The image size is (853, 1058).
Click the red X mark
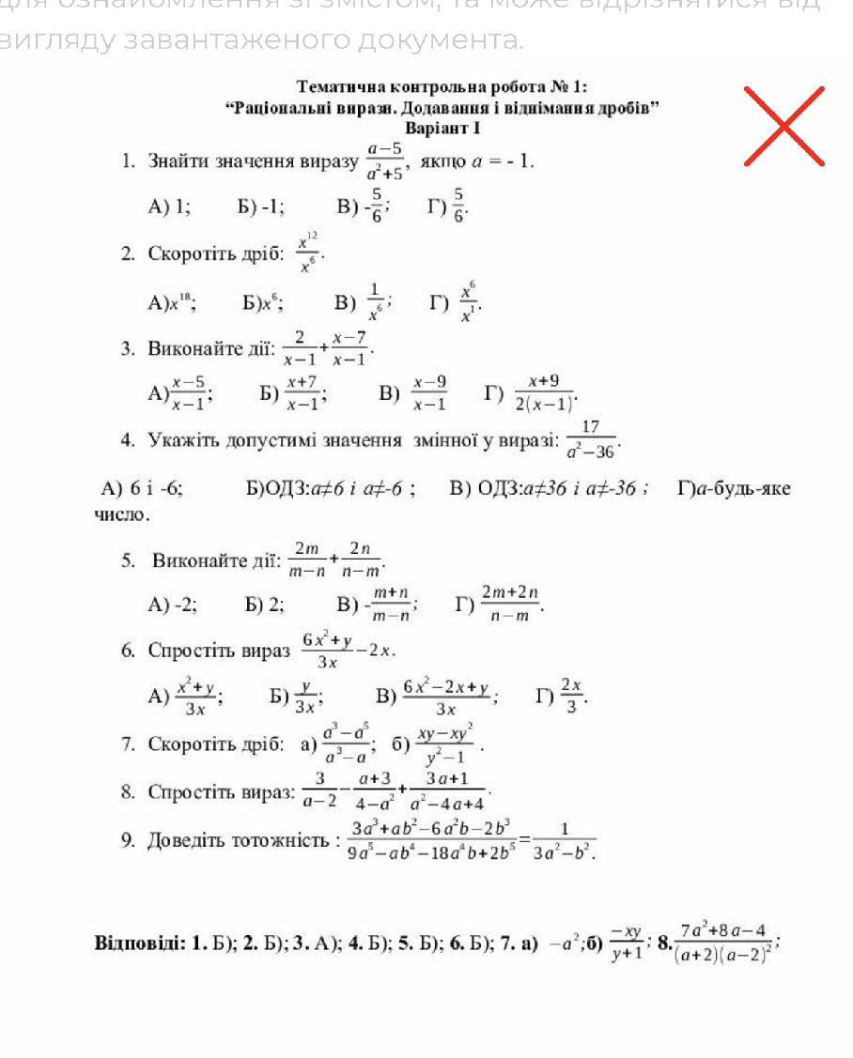coord(783,126)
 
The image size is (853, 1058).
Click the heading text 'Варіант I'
coord(442,127)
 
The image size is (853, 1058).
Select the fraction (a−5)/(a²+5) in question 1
coord(385,161)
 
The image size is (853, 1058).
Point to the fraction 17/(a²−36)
coord(592,439)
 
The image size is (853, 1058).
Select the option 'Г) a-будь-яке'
coord(734,488)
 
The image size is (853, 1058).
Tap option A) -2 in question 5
coord(173,605)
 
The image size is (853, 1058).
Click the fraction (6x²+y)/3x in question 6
coord(327,651)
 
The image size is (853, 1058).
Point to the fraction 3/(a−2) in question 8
coord(320,791)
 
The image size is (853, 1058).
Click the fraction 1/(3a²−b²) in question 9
coord(565,839)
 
